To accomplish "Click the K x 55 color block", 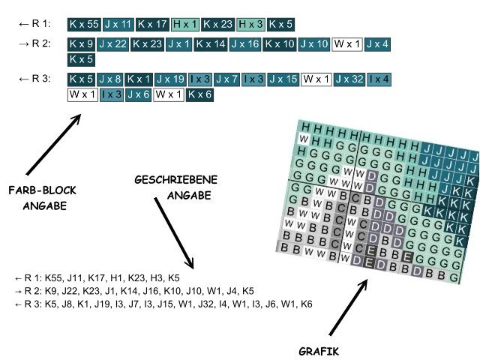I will coord(82,25).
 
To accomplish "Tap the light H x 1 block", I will coord(184,25).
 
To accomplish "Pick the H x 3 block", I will coord(250,25).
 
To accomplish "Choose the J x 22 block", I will coord(112,44).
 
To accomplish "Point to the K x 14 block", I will coord(210,44).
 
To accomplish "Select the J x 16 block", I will coord(244,44).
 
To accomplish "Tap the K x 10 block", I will coord(279,44).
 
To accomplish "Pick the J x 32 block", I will coord(349,79).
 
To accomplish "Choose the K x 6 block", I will coord(199,94).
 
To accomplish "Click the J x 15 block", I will coord(284,79).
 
